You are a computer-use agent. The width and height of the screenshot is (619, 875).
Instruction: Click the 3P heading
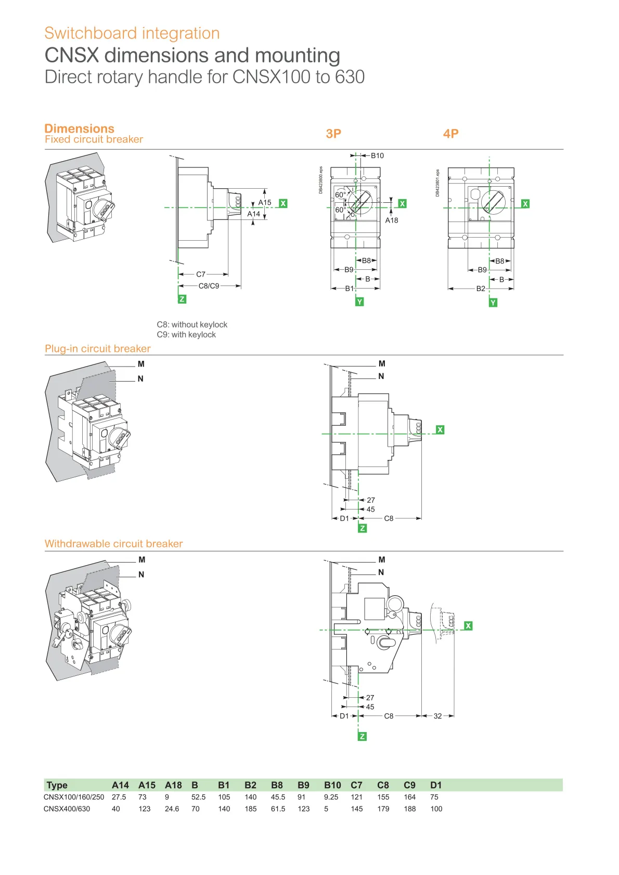333,134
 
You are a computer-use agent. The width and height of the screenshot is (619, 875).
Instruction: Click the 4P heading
450,134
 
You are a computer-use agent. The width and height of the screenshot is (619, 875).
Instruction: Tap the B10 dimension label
377,155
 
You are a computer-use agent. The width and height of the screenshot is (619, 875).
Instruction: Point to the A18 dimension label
392,220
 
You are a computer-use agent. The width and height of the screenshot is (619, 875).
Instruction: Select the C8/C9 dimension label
209,286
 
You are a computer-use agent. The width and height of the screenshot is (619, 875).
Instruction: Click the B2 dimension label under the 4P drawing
481,289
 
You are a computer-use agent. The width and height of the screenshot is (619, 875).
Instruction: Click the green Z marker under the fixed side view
182,299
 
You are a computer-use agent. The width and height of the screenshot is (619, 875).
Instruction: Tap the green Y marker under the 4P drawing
493,302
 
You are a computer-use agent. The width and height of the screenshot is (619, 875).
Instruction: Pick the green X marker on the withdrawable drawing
468,625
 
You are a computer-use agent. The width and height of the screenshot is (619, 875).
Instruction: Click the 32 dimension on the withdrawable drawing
437,716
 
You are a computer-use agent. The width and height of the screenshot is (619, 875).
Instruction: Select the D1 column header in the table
436,785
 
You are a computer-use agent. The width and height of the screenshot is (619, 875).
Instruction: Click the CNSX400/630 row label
67,809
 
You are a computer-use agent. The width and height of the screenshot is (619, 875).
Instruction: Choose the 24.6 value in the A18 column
172,809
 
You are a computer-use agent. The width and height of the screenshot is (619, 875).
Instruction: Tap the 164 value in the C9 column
410,797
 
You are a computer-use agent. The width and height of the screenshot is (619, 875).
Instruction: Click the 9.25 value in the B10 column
331,797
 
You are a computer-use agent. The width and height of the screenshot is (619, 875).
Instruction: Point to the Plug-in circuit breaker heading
98,349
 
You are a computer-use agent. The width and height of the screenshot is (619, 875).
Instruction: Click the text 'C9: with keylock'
186,335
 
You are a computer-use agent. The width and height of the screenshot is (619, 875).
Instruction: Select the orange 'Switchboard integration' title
132,33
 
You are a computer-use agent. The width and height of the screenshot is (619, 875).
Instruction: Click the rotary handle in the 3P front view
360,202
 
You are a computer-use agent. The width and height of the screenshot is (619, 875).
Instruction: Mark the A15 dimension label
265,202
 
